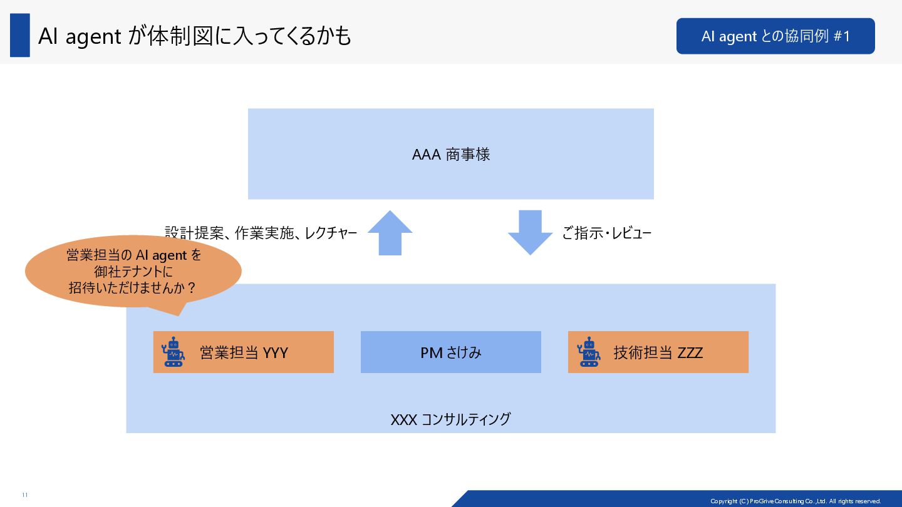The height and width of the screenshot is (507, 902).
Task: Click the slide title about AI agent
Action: (x=194, y=36)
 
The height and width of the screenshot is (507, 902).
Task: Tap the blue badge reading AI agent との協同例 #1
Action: (x=775, y=36)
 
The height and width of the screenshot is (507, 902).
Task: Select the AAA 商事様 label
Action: (x=450, y=155)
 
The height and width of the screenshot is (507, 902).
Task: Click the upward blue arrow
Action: (x=390, y=233)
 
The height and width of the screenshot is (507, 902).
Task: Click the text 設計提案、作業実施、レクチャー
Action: (x=261, y=233)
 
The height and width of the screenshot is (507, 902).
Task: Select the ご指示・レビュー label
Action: (x=606, y=234)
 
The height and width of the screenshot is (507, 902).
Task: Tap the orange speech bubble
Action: (x=133, y=272)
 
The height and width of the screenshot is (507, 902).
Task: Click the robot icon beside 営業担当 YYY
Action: (x=173, y=352)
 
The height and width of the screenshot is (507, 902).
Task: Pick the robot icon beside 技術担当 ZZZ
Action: (x=588, y=352)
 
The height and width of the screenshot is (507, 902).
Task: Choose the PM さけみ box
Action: (x=450, y=352)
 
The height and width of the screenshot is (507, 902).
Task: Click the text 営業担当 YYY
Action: (x=244, y=352)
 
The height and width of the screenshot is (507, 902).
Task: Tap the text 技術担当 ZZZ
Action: (x=658, y=352)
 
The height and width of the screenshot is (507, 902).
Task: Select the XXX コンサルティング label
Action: (x=450, y=419)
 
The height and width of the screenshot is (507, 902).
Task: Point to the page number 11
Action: (x=25, y=495)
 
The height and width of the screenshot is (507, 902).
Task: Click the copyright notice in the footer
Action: (x=796, y=501)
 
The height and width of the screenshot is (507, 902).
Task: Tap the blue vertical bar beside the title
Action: (x=20, y=36)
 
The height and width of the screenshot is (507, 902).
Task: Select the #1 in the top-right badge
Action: (x=842, y=36)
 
